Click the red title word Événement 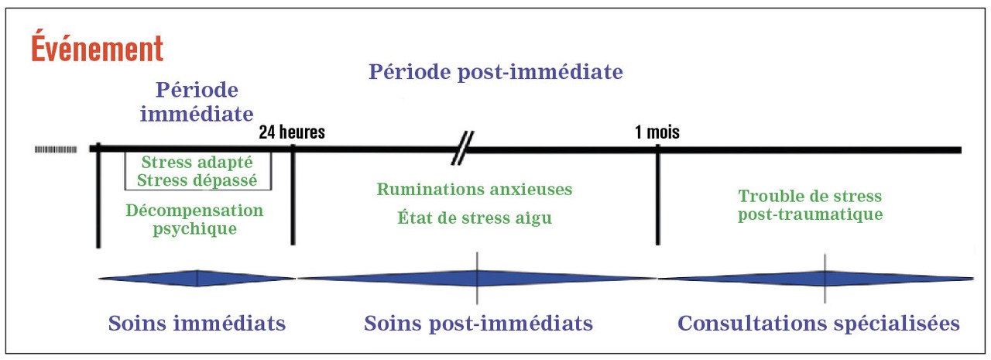point(97,48)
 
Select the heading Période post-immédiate point(495,72)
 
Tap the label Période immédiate point(196,102)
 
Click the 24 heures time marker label point(292,132)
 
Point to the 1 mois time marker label point(657,132)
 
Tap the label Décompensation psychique point(194,219)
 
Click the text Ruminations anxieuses point(475,189)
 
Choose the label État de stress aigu point(475,218)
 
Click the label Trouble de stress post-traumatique point(810,205)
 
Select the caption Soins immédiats point(197,323)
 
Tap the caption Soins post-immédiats point(478,323)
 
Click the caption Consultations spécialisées point(819,323)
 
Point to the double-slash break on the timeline point(463,149)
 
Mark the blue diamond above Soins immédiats point(197,278)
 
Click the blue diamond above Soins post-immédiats point(477,278)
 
